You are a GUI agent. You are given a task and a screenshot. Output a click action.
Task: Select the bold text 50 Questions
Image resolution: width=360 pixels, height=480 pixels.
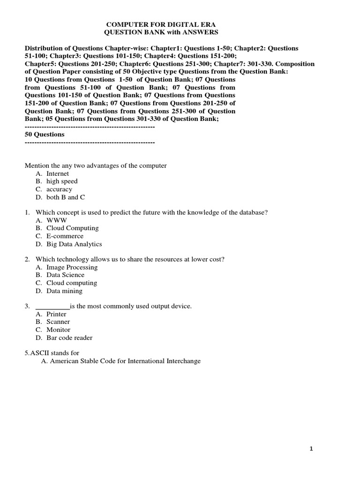45,134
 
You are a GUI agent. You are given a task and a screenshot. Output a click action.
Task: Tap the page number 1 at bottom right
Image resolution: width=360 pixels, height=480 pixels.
311,449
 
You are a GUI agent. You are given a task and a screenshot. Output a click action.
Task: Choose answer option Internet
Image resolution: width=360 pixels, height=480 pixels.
58,173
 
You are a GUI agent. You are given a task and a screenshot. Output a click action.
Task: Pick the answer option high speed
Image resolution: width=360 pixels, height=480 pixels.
62,181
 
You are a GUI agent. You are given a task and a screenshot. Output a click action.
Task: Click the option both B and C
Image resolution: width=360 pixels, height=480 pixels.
66,197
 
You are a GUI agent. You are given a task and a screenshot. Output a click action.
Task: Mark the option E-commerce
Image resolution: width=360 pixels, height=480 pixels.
65,236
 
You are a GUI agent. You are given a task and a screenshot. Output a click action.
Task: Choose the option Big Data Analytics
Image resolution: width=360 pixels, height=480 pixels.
74,244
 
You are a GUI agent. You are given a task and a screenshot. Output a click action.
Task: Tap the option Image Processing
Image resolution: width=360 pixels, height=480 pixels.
72,267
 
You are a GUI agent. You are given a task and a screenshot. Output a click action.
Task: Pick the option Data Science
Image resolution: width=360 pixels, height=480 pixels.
65,275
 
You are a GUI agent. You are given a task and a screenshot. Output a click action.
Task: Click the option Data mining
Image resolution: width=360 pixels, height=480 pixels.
64,291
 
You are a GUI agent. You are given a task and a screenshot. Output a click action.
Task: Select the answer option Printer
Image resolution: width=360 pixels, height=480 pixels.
56,314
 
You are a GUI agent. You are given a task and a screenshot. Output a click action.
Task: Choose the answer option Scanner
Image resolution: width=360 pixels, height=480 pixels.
58,322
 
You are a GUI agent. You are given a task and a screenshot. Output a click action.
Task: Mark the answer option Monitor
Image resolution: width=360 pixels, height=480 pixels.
58,330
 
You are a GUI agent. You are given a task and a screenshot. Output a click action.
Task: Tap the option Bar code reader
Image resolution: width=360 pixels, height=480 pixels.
69,338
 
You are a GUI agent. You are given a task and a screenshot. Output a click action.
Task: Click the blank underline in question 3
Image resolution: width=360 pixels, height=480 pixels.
52,307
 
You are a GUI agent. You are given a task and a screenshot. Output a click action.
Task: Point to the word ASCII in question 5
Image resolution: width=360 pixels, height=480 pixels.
39,353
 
